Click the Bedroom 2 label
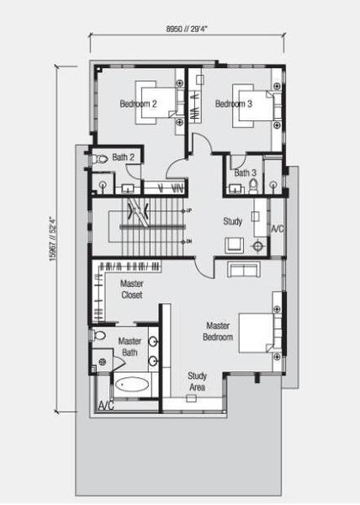click(138, 104)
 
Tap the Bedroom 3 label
click(234, 104)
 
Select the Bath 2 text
click(123, 157)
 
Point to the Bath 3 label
click(245, 173)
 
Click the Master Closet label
click(132, 290)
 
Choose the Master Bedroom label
click(218, 332)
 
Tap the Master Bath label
click(130, 347)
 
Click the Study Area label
click(197, 381)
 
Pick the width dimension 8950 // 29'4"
click(187, 29)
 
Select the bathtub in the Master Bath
click(132, 385)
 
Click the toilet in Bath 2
click(100, 159)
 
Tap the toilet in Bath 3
click(253, 186)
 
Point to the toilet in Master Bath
click(99, 336)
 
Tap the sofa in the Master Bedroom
click(244, 269)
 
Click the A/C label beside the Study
click(278, 229)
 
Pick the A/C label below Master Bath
click(106, 406)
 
